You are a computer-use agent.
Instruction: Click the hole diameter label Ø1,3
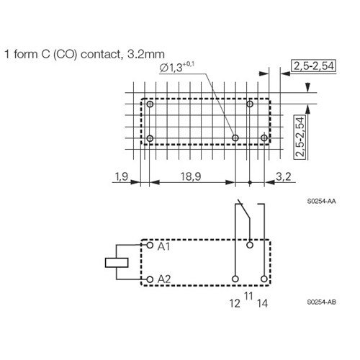177,68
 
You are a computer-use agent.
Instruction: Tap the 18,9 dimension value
191,176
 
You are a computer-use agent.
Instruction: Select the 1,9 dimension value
122,177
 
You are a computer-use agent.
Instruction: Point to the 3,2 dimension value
284,176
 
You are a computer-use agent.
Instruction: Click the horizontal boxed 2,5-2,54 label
314,66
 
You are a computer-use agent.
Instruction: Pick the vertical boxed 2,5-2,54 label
300,137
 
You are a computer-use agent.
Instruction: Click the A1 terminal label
163,246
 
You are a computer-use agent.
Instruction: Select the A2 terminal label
164,279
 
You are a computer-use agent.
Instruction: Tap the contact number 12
235,303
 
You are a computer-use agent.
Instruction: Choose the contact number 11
248,296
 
